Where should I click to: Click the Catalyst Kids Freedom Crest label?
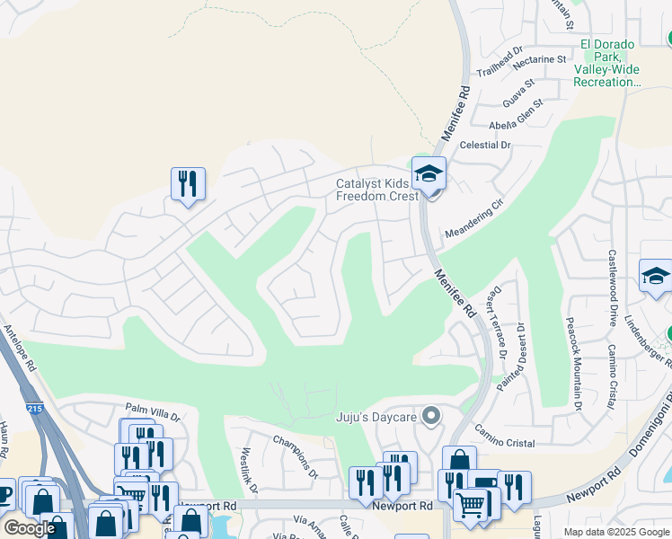click(x=376, y=190)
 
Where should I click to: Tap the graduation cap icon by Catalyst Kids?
click(x=429, y=172)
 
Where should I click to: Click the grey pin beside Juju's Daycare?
click(x=431, y=415)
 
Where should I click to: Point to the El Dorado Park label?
click(x=607, y=63)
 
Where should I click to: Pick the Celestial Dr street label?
click(x=484, y=145)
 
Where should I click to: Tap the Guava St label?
click(x=518, y=91)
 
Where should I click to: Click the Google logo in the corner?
click(x=29, y=528)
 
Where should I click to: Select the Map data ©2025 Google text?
click(x=615, y=532)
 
